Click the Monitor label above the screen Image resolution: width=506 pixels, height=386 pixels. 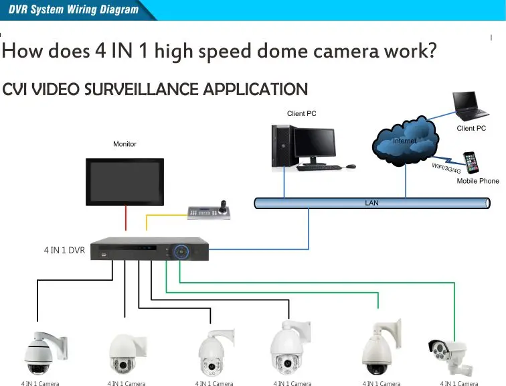(x=124, y=144)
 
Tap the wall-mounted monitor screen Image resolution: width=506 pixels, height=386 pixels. (x=125, y=182)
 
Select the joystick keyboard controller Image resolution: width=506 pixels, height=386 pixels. (x=209, y=210)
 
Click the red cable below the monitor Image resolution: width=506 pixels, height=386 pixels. (x=126, y=218)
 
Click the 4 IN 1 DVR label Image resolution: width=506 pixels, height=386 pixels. (x=64, y=251)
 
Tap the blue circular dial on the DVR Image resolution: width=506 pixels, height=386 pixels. (x=181, y=251)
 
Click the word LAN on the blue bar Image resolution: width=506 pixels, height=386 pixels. (x=371, y=203)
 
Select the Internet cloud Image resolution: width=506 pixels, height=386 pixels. (x=406, y=141)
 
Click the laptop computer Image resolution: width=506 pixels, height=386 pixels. (x=470, y=107)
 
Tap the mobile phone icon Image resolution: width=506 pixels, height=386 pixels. (x=471, y=162)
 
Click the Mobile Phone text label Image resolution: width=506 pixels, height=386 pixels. (x=478, y=181)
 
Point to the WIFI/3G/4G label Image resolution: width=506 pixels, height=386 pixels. (x=446, y=168)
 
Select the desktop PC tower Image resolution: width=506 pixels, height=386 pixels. (x=283, y=146)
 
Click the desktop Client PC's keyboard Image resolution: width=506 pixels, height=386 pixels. (x=319, y=168)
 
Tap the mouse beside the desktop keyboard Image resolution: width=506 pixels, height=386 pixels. (x=351, y=166)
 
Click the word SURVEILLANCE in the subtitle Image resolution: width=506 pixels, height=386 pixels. (x=141, y=89)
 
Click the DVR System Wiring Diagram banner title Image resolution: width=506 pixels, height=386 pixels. (x=74, y=9)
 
